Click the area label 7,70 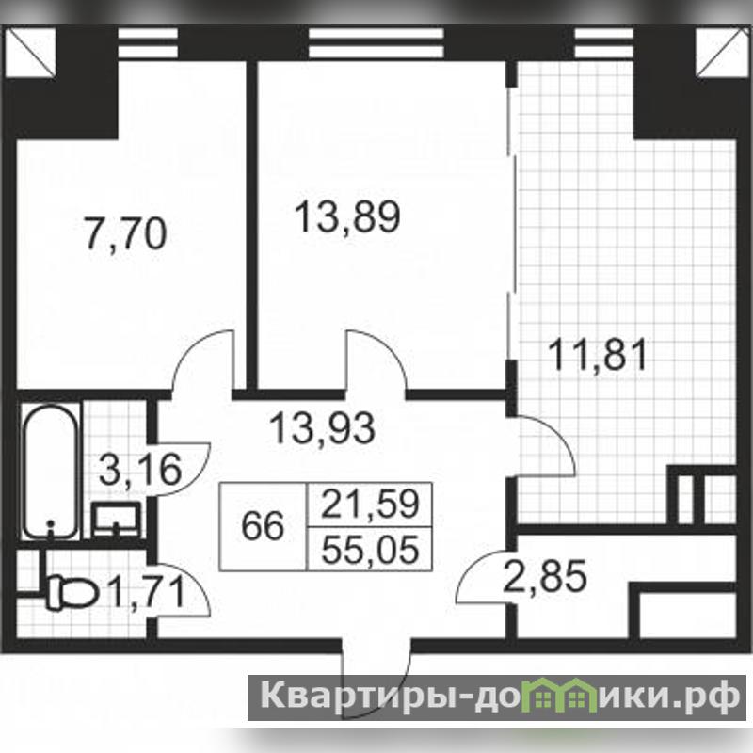tap(125, 234)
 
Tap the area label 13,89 tap(347, 217)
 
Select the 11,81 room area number tap(599, 355)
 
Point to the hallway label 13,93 tap(322, 428)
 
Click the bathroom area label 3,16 tap(140, 469)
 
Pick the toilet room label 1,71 tap(147, 592)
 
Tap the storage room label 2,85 tap(545, 575)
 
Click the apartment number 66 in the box tap(263, 526)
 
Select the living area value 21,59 tap(370, 505)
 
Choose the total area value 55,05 tap(370, 550)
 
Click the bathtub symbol tap(51, 473)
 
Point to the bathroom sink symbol tap(117, 520)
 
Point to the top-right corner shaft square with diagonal tap(720, 52)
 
